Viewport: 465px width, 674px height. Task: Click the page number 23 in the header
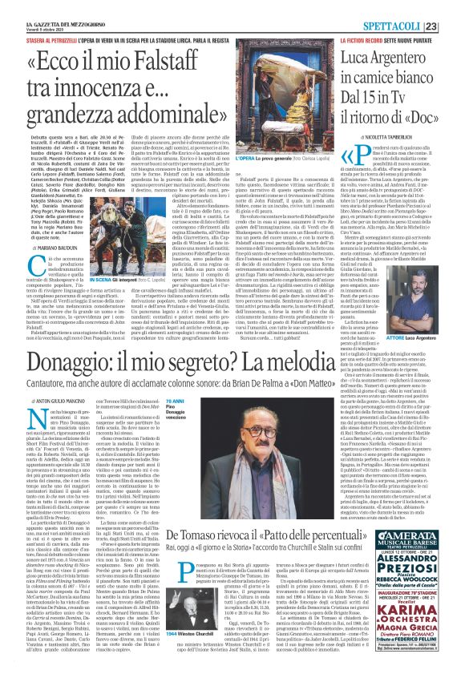point(452,7)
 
